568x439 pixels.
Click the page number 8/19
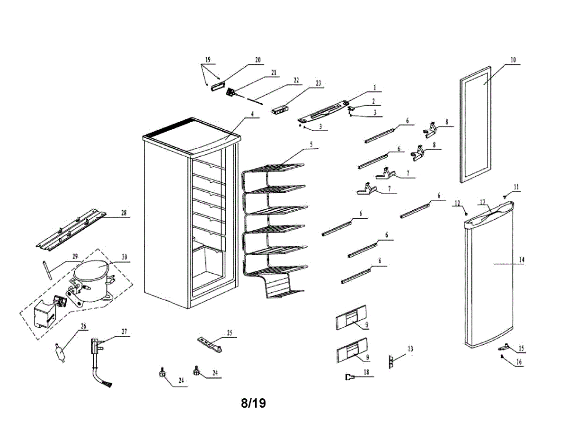253,403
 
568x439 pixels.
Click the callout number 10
513,60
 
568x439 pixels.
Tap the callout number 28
124,214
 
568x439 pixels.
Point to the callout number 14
522,260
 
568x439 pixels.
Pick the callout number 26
84,326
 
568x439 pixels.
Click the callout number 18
366,373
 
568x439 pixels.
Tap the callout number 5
311,144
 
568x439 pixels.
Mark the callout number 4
252,114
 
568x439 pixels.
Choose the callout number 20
258,60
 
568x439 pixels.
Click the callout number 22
296,81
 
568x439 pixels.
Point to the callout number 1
374,88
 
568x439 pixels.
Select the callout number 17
483,202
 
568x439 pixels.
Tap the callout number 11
516,188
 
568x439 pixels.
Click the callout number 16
519,362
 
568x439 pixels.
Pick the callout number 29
75,256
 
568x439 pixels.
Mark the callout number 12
457,203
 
